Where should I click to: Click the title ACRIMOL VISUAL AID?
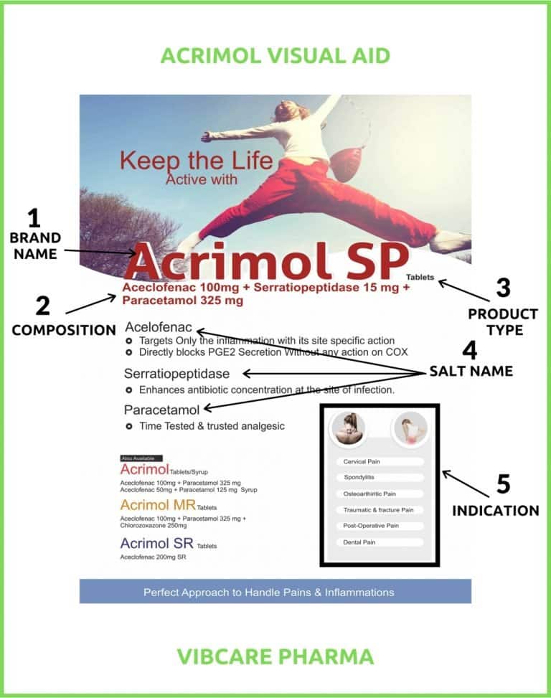tap(275, 55)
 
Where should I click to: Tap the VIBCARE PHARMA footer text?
tap(275, 656)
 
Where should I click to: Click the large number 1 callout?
tap(34, 217)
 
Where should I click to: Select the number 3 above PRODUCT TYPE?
tap(503, 288)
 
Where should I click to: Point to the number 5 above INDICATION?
tap(503, 484)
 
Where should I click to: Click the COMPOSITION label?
tap(64, 330)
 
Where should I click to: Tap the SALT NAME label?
tap(471, 371)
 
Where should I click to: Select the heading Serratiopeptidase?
tap(176, 374)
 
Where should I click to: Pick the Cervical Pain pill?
tap(380, 461)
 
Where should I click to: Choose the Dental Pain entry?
tap(380, 542)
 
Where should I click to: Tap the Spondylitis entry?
tap(380, 477)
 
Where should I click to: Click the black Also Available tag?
tap(141, 458)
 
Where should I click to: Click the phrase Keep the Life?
tap(196, 159)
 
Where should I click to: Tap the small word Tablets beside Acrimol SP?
tap(420, 276)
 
